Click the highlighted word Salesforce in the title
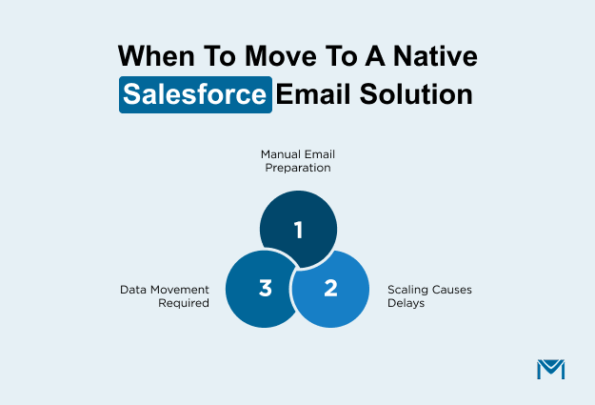click(x=196, y=96)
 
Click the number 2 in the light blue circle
click(x=330, y=288)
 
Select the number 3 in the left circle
click(x=266, y=288)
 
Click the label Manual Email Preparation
click(x=298, y=159)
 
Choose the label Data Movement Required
click(x=164, y=295)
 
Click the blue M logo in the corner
click(x=551, y=369)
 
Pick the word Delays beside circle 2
click(x=405, y=302)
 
